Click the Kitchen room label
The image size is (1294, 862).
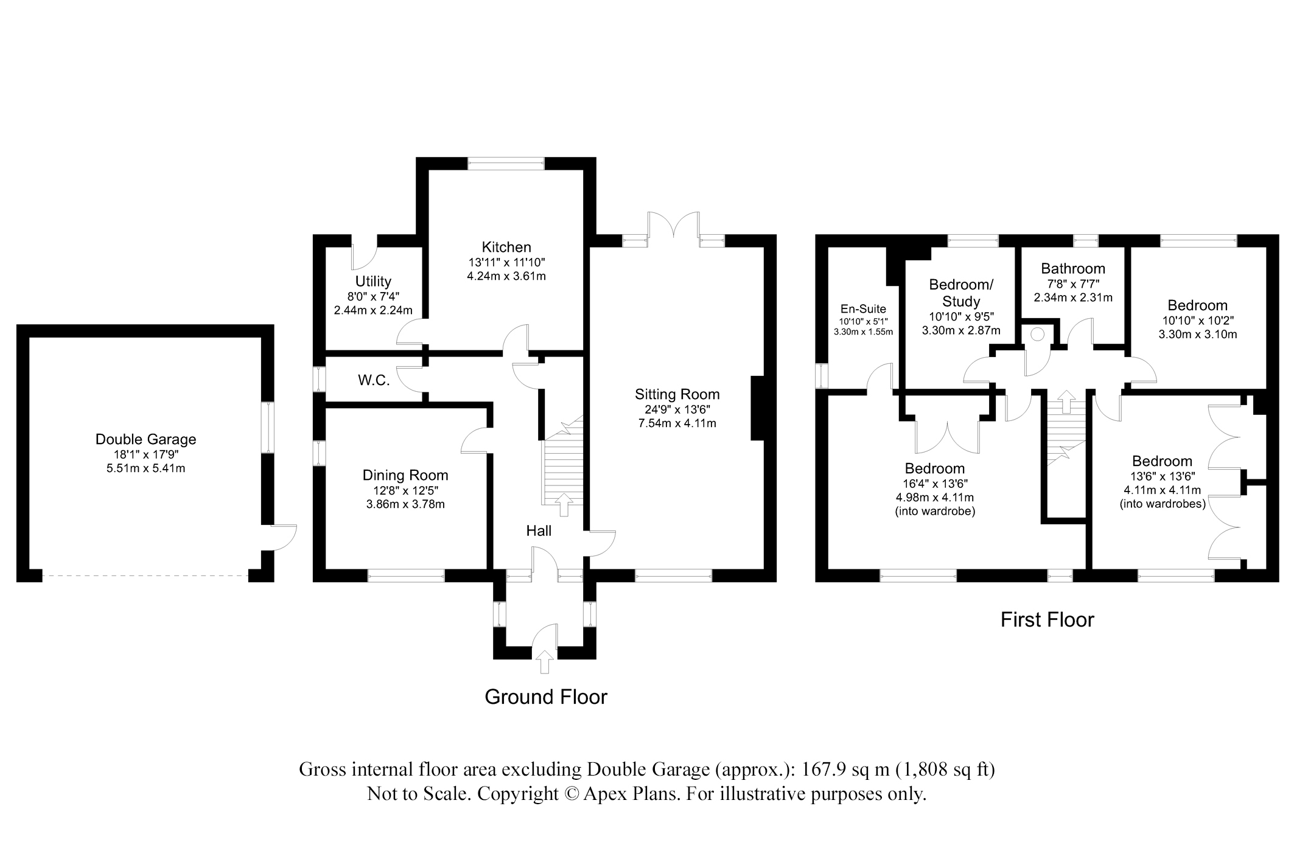tap(506, 248)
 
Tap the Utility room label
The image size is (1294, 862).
tap(373, 282)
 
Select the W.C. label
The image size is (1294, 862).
tap(374, 381)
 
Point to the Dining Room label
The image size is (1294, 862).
tap(405, 475)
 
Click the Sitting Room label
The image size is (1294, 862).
tap(677, 394)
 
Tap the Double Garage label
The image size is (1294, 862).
tap(146, 439)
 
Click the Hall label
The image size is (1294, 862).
tap(539, 531)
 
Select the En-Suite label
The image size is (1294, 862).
tap(863, 309)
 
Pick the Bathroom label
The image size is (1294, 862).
tap(1073, 268)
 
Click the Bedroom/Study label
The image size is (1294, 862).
tap(961, 293)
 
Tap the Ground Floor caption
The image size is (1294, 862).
tap(546, 697)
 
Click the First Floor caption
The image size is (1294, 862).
tap(1047, 619)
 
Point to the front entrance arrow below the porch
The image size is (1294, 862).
tap(544, 661)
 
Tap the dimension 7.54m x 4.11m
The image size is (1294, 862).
tap(677, 423)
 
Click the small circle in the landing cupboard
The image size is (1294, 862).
tap(1037, 334)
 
